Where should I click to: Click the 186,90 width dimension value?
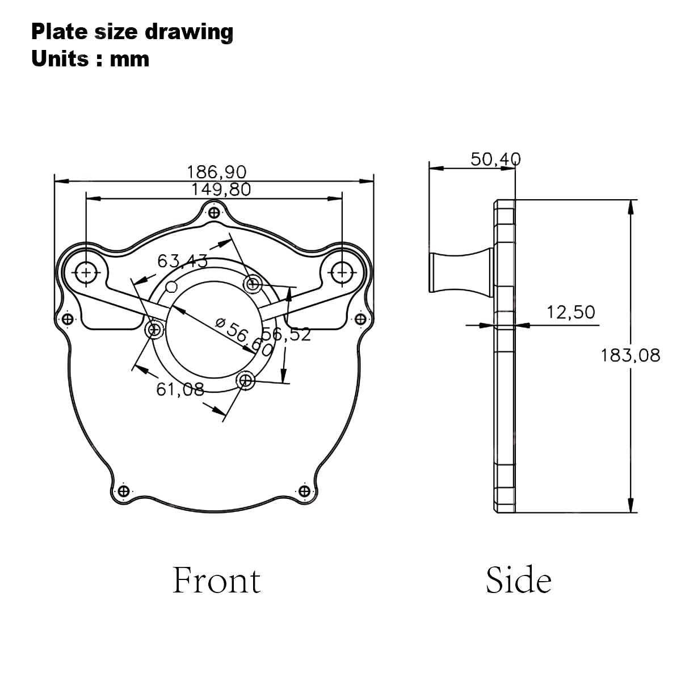(216, 172)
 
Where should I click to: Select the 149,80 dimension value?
(221, 190)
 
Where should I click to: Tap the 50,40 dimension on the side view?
(495, 159)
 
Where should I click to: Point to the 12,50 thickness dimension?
(571, 312)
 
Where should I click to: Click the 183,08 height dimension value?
(630, 355)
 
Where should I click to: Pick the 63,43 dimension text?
(182, 261)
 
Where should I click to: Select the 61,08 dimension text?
(180, 389)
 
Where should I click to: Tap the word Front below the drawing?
(217, 581)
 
